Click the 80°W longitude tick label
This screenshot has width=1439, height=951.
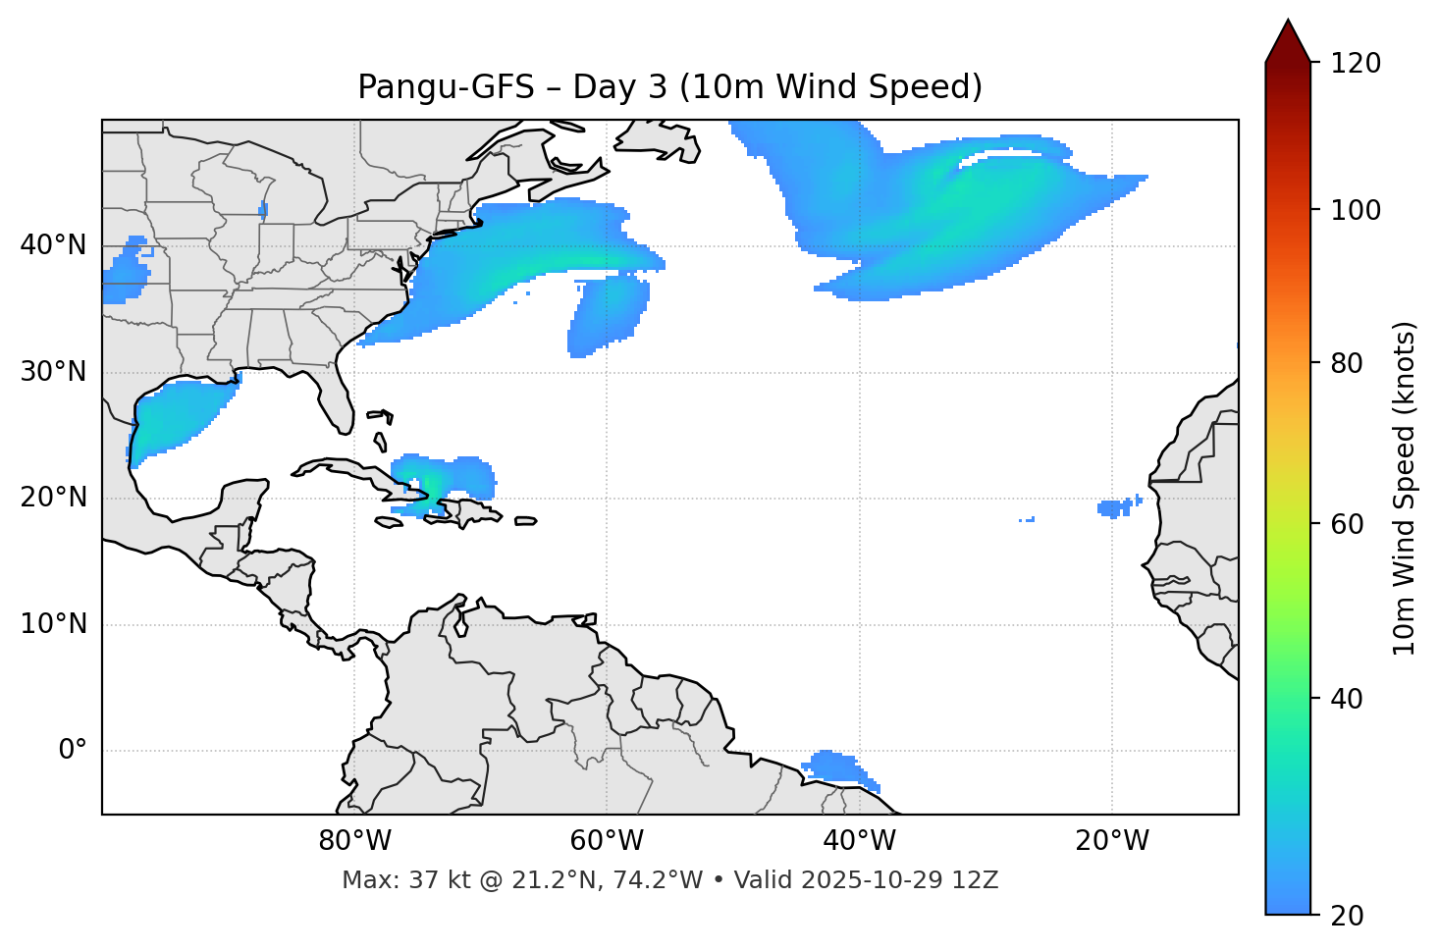354,841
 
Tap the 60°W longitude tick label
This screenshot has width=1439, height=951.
607,841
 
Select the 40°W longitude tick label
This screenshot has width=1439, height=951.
859,841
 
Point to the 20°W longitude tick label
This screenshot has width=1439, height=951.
1111,841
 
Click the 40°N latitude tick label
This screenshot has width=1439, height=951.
53,245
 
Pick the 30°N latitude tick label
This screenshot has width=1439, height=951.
53,372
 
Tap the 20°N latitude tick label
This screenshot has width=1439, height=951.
53,498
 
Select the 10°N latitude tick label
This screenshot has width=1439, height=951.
53,624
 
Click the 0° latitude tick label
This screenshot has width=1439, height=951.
73,751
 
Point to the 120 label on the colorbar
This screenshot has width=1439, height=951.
1356,64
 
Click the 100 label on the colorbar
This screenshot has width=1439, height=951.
1356,210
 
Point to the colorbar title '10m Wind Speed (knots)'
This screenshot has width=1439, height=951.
1405,488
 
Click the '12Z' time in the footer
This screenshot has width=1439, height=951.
978,880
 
